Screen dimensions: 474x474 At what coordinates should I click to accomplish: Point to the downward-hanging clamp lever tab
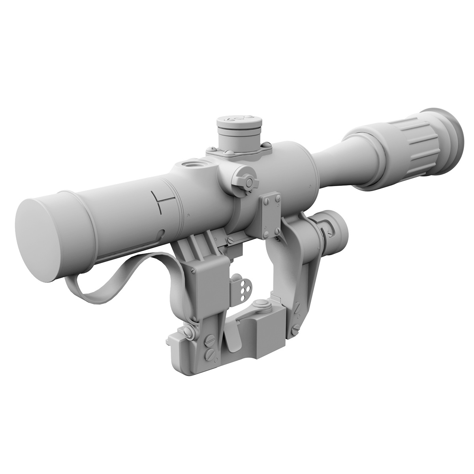coord(233,340)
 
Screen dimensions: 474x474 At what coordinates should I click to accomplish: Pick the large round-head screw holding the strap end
coord(188,333)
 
